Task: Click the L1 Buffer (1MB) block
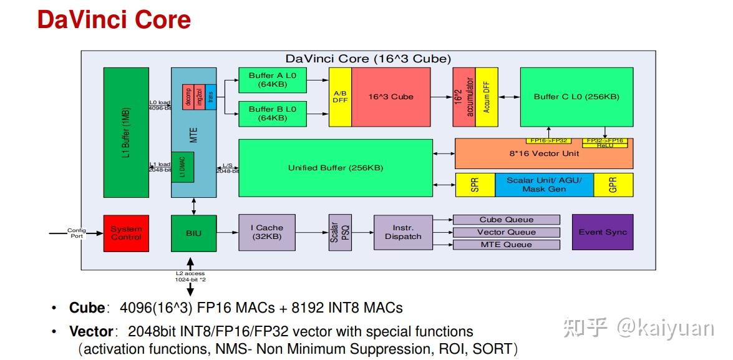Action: click(126, 132)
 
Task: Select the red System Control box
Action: click(126, 233)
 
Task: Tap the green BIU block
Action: click(194, 233)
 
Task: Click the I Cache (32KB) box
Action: click(267, 233)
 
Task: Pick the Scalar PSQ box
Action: click(340, 233)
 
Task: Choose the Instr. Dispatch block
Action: click(403, 233)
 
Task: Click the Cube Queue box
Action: click(506, 220)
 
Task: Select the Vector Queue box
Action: click(506, 232)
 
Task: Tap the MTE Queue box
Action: click(506, 245)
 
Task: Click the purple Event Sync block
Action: click(603, 232)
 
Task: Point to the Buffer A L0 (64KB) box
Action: click(273, 80)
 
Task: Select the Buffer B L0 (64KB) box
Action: click(273, 113)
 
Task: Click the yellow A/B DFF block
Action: click(341, 97)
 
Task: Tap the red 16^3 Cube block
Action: click(391, 97)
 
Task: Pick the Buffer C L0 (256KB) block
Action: click(576, 97)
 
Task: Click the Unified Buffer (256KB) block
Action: click(336, 168)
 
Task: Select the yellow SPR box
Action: click(475, 185)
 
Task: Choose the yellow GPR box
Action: click(613, 185)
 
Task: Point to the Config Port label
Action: click(76, 233)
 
